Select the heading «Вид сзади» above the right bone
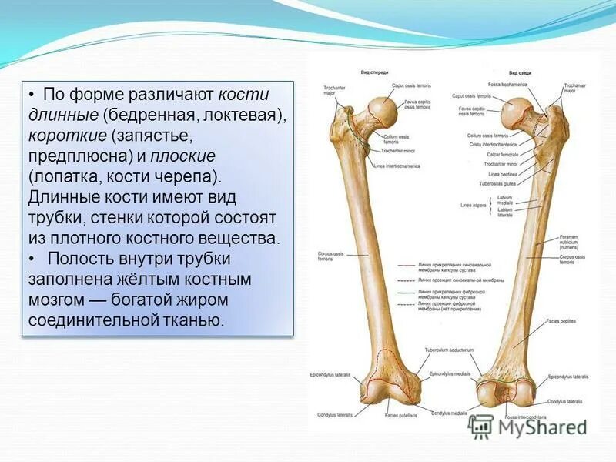[x=521, y=72]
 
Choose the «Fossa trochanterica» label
[x=505, y=84]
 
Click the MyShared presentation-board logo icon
[x=481, y=426]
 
